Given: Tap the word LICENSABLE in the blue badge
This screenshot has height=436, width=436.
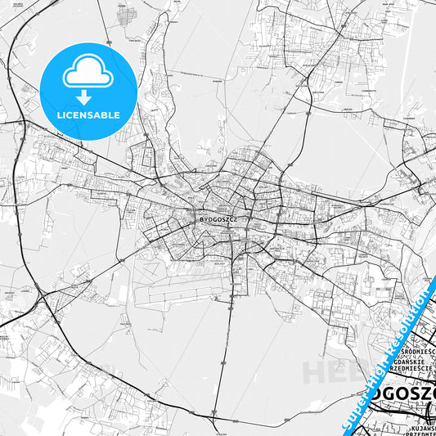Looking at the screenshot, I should pos(88,115).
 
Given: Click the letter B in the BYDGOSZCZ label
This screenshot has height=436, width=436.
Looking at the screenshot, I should pos(201,219).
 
